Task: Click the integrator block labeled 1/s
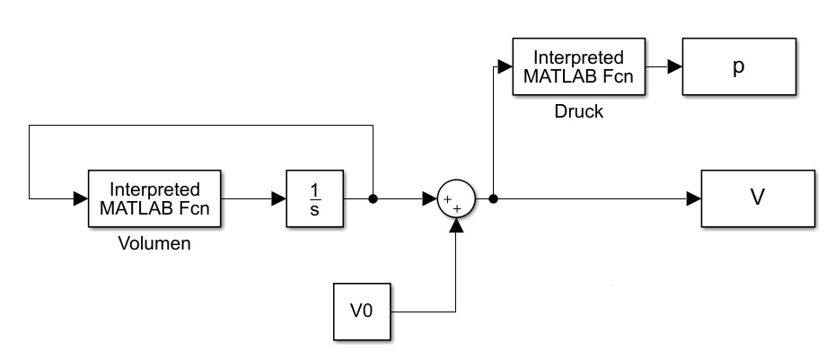[x=314, y=198]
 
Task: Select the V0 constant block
[x=361, y=312]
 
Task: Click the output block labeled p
[x=739, y=67]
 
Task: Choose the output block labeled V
[x=757, y=198]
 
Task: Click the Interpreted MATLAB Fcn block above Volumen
[x=154, y=198]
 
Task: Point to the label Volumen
[x=154, y=243]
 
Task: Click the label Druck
[x=579, y=113]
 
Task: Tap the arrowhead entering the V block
[x=694, y=198]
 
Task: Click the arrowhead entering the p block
[x=675, y=67]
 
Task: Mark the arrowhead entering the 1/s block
[x=279, y=198]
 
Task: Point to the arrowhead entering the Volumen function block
[x=80, y=198]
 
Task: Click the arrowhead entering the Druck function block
[x=505, y=67]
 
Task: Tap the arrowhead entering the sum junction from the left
[x=430, y=198]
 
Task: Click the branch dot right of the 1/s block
[x=373, y=198]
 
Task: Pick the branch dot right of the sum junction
[x=494, y=198]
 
